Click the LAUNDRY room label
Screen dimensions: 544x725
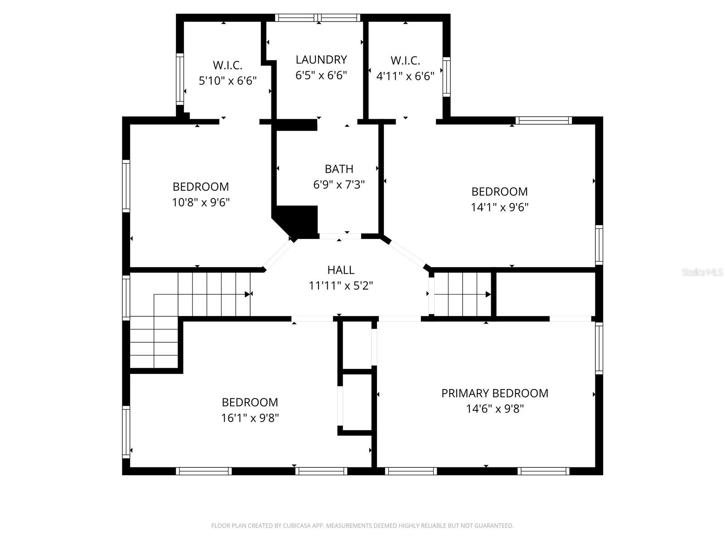[321, 60]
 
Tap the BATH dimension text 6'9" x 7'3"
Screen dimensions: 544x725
[339, 185]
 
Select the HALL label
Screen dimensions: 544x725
[341, 270]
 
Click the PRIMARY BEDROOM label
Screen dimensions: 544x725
[495, 393]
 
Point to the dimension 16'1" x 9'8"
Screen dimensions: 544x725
[250, 418]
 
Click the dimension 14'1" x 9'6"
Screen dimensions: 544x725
[500, 207]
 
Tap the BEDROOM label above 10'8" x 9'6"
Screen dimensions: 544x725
[201, 187]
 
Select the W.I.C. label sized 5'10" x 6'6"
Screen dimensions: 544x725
[227, 65]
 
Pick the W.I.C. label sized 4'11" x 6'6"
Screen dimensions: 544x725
[405, 61]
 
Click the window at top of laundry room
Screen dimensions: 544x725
[318, 18]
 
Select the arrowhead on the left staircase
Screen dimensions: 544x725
[248, 294]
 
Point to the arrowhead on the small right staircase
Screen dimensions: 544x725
[488, 294]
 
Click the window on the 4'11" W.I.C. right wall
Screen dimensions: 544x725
[446, 77]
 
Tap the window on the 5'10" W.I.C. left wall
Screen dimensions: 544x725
[180, 79]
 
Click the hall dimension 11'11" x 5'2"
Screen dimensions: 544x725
[341, 286]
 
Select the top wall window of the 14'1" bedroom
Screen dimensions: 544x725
[543, 121]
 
